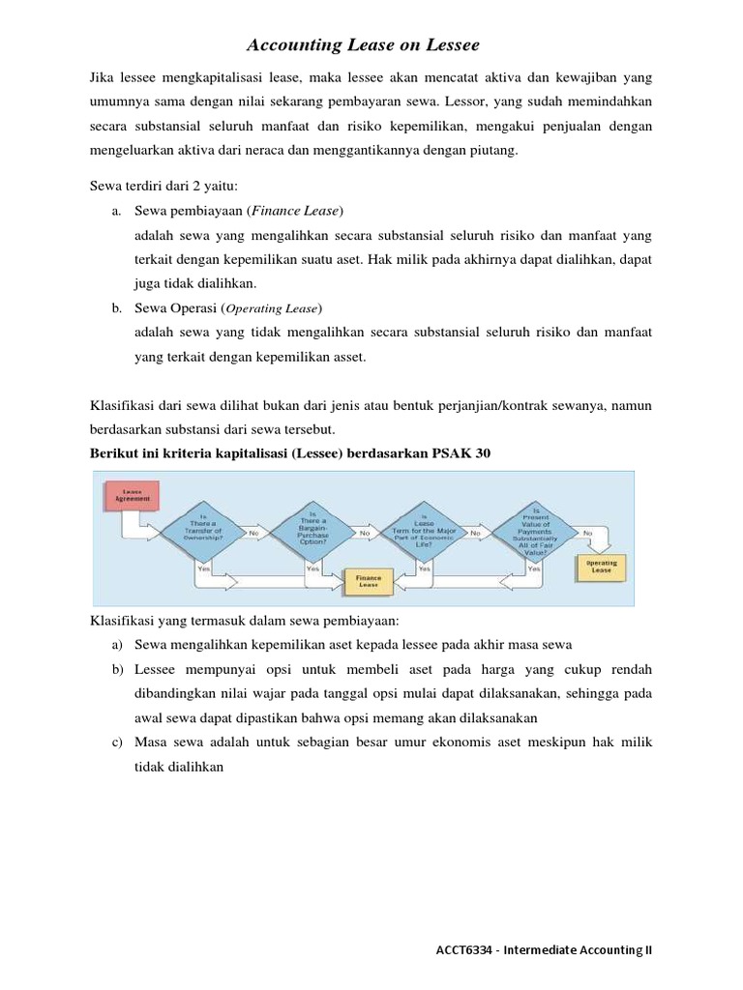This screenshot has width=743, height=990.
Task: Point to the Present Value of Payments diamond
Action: pyautogui.click(x=537, y=530)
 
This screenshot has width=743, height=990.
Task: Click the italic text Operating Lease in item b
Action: pyautogui.click(x=273, y=307)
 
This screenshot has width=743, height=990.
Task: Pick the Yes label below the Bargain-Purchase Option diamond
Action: pyautogui.click(x=312, y=569)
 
